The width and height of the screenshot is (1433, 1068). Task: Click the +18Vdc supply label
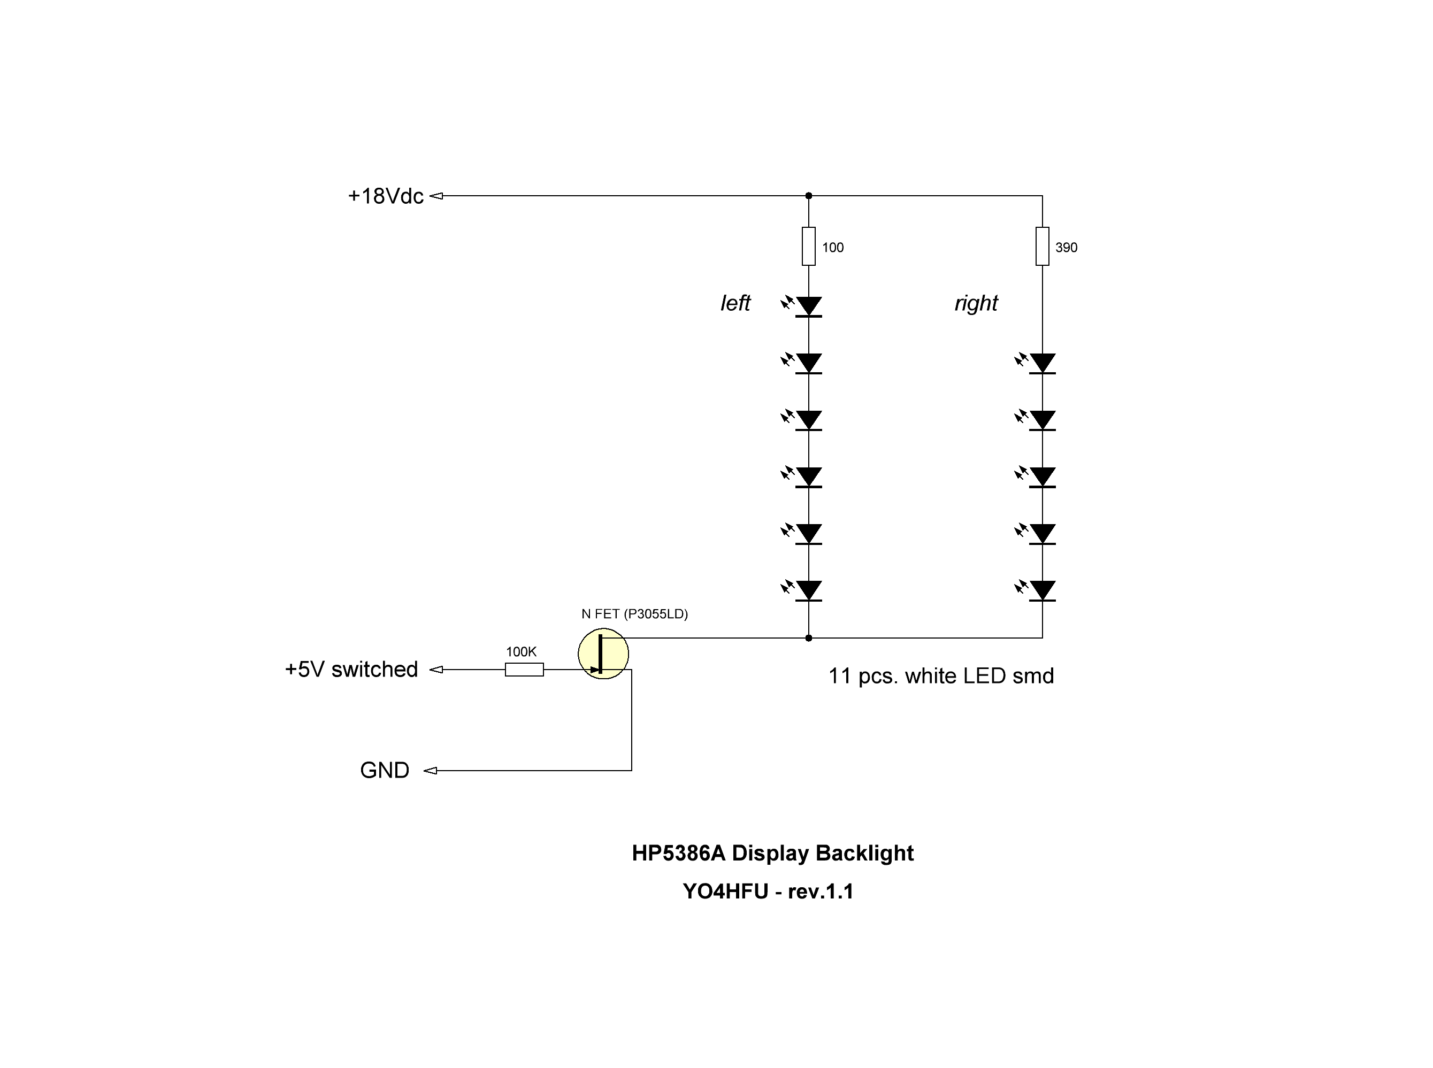pos(386,196)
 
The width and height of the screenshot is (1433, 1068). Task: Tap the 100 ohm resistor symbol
pos(808,247)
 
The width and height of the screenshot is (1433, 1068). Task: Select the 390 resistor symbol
pos(1042,247)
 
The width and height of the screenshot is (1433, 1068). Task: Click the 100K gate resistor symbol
pos(524,670)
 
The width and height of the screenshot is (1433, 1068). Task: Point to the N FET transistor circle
pos(603,654)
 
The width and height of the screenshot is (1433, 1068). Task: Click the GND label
pos(384,770)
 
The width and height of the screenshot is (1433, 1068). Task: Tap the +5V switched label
pos(351,669)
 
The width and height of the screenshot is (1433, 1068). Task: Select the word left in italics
pos(735,303)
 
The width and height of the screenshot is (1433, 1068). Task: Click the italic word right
pos(976,303)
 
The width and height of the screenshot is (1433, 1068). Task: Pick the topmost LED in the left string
pos(808,306)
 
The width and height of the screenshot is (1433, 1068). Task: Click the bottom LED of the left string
pos(808,590)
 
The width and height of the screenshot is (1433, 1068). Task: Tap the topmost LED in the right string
pos(1042,363)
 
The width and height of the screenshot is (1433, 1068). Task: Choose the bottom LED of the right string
pos(1042,590)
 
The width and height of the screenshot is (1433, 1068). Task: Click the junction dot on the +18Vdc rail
pos(808,195)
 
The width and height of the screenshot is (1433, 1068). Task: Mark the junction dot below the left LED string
pos(808,638)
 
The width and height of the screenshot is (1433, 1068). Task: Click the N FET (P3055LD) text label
pos(634,614)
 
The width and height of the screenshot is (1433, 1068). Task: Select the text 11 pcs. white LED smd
pos(941,675)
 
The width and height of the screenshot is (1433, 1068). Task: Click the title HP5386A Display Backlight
pos(772,852)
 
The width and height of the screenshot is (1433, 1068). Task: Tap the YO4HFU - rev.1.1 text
pos(768,892)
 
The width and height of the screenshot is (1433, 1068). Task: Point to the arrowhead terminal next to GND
pos(431,771)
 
